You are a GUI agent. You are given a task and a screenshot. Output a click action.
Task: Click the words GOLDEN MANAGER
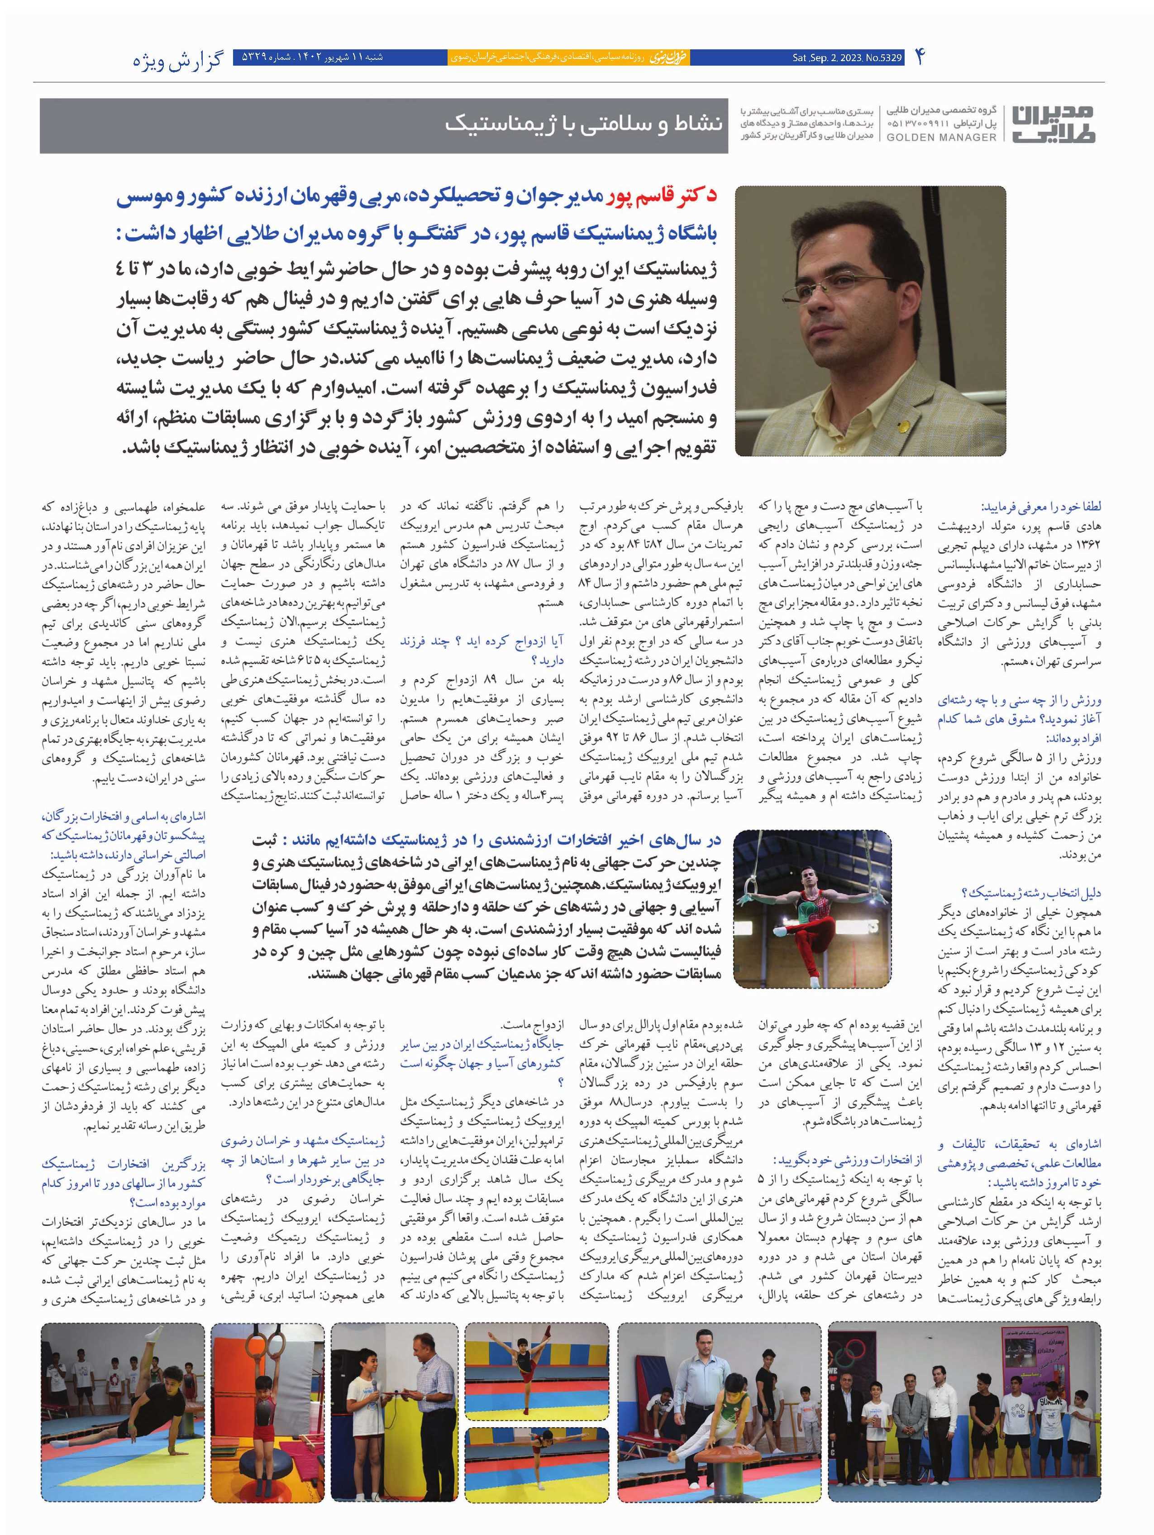pyautogui.click(x=941, y=138)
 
